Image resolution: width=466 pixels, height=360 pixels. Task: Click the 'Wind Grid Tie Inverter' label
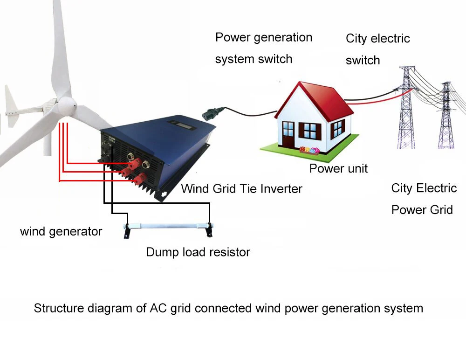click(241, 189)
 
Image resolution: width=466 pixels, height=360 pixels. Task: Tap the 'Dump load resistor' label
click(198, 252)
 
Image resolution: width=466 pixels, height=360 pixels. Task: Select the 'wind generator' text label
click(61, 231)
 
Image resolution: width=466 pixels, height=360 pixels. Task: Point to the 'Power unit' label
click(338, 168)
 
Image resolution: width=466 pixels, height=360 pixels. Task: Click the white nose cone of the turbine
click(68, 106)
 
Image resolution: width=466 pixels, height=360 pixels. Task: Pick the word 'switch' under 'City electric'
click(363, 61)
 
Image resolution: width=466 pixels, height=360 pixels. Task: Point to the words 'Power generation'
click(264, 37)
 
